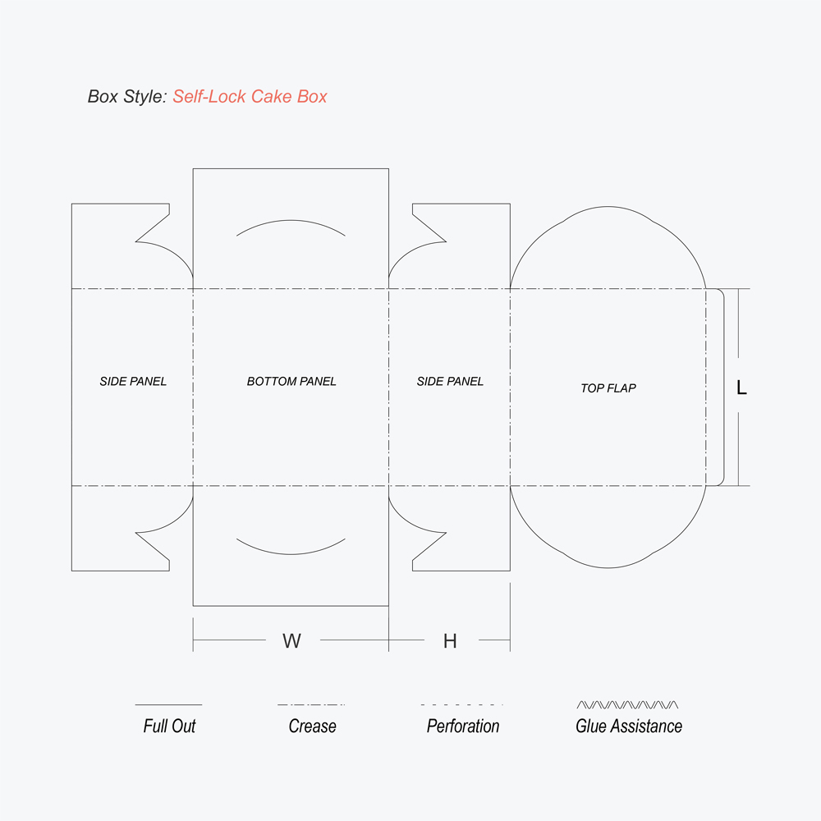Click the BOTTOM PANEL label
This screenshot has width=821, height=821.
pos(291,381)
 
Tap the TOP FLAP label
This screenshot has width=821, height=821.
pos(608,388)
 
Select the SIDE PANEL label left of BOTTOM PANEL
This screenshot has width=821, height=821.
pos(133,381)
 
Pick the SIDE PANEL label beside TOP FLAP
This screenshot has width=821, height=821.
pos(450,381)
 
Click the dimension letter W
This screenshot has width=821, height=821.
pos(291,641)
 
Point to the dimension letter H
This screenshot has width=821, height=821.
pos(450,641)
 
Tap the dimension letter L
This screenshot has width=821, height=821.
pos(741,388)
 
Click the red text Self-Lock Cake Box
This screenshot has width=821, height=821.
pos(250,97)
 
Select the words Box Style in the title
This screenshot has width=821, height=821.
pos(126,97)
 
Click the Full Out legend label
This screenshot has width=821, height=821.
pos(169,726)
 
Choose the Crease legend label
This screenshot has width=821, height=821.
pos(312,726)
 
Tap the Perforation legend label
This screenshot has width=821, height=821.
pos(463,726)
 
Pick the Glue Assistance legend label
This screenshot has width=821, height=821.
pos(629,726)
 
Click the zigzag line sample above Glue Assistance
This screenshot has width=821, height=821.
pos(628,704)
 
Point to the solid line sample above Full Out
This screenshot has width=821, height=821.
pos(168,704)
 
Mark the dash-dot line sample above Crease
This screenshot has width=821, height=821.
pos(311,704)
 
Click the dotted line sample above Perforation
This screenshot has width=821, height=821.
pos(461,704)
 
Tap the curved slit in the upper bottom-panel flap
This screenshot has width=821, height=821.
pos(291,222)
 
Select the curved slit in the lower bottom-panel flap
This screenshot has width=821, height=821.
pos(291,552)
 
